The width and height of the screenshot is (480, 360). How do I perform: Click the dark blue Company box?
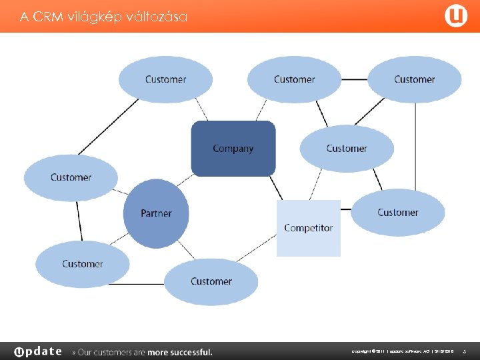click(x=233, y=149)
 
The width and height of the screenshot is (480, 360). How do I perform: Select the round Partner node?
click(x=156, y=213)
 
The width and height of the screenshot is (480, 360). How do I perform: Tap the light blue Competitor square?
click(x=308, y=228)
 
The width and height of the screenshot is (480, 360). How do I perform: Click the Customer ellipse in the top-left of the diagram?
click(x=165, y=79)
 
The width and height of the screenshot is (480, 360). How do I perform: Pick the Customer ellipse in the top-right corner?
click(x=414, y=79)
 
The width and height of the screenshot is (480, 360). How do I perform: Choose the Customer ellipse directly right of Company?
click(x=347, y=149)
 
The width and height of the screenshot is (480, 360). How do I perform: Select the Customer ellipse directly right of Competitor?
click(x=397, y=213)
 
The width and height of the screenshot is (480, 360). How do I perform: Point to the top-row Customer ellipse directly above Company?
click(x=294, y=79)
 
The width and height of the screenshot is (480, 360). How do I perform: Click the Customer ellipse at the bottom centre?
click(x=211, y=281)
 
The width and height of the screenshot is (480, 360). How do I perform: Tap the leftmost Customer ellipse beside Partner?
click(x=71, y=177)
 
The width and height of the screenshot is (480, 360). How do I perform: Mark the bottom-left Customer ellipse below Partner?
click(x=82, y=264)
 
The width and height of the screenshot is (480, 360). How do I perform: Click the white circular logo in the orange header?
click(x=456, y=16)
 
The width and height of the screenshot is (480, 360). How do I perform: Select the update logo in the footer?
click(x=38, y=351)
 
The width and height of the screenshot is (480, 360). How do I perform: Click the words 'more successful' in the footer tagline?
click(x=180, y=352)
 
